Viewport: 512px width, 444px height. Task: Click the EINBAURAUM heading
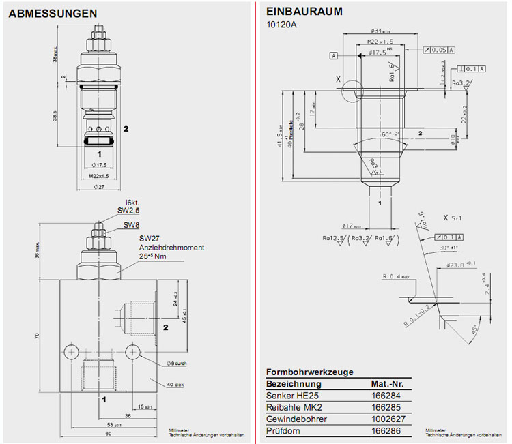(304, 12)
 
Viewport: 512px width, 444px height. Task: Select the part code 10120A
(281, 25)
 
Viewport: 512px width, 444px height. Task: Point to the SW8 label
(132, 225)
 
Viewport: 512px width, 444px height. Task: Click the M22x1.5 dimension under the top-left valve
(100, 176)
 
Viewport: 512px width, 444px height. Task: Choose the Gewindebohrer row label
(296, 419)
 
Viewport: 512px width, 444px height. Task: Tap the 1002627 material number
(386, 419)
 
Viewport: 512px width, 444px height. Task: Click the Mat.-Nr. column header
(387, 384)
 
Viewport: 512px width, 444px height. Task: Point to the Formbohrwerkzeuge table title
(309, 372)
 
